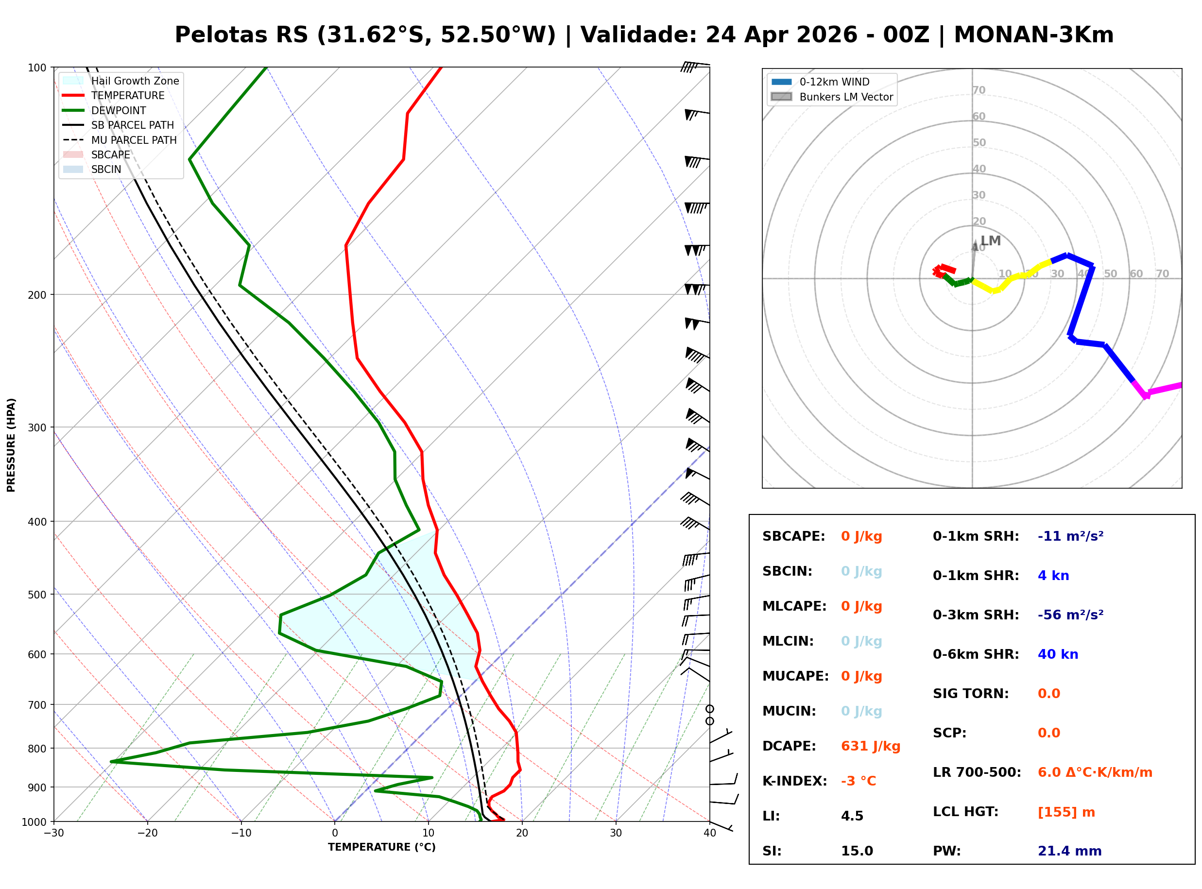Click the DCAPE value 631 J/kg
click(870, 746)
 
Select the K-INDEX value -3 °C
click(858, 781)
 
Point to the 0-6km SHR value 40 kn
click(1057, 654)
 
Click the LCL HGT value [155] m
click(1066, 812)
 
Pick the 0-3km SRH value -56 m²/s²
click(1070, 615)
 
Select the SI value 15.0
click(857, 851)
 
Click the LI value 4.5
click(852, 816)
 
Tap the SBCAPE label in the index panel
click(793, 536)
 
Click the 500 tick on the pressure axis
click(37, 595)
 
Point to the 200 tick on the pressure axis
click(37, 295)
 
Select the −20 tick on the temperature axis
click(147, 834)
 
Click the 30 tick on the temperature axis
click(616, 834)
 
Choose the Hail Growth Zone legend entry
click(135, 81)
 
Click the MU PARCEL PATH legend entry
click(134, 140)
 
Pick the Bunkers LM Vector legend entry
click(846, 97)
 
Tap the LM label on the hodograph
click(990, 240)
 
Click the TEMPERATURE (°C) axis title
click(381, 848)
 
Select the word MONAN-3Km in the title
click(1033, 35)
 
